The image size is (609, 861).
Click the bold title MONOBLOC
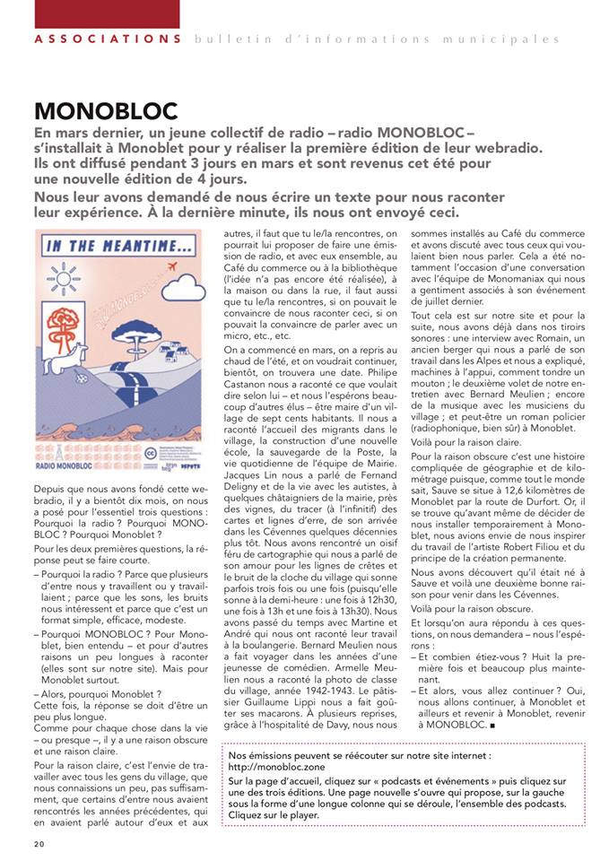coord(106,112)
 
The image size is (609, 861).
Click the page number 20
coord(39,844)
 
